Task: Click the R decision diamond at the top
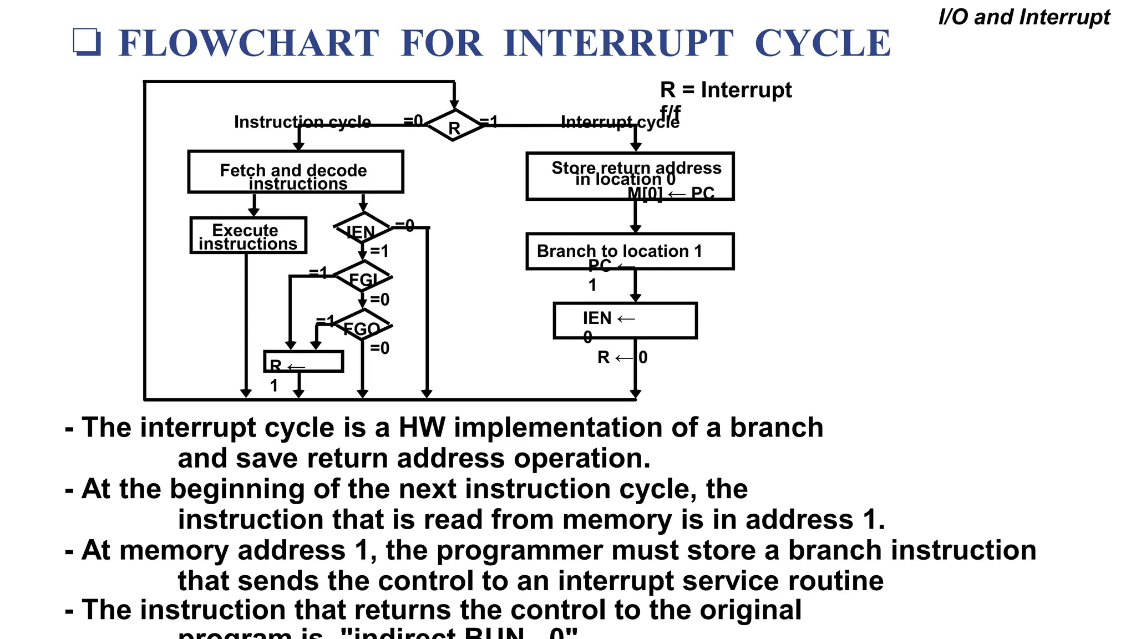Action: [x=454, y=126]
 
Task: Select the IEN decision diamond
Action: [x=363, y=229]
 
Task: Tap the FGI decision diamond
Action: [x=363, y=277]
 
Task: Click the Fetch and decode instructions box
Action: [x=296, y=172]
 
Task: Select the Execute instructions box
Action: [x=248, y=236]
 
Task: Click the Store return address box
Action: [x=630, y=176]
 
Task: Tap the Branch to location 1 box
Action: [x=630, y=251]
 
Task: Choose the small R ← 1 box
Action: [x=303, y=362]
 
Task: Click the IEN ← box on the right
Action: [x=625, y=320]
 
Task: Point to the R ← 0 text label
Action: [x=622, y=357]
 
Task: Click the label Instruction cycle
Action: [x=302, y=121]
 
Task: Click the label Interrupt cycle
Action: [x=620, y=121]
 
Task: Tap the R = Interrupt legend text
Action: [x=726, y=90]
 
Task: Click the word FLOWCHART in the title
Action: [x=248, y=43]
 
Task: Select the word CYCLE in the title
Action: [x=823, y=43]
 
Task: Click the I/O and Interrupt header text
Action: [x=1024, y=17]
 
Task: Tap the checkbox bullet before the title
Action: [x=87, y=42]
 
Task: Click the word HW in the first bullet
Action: [x=422, y=428]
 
